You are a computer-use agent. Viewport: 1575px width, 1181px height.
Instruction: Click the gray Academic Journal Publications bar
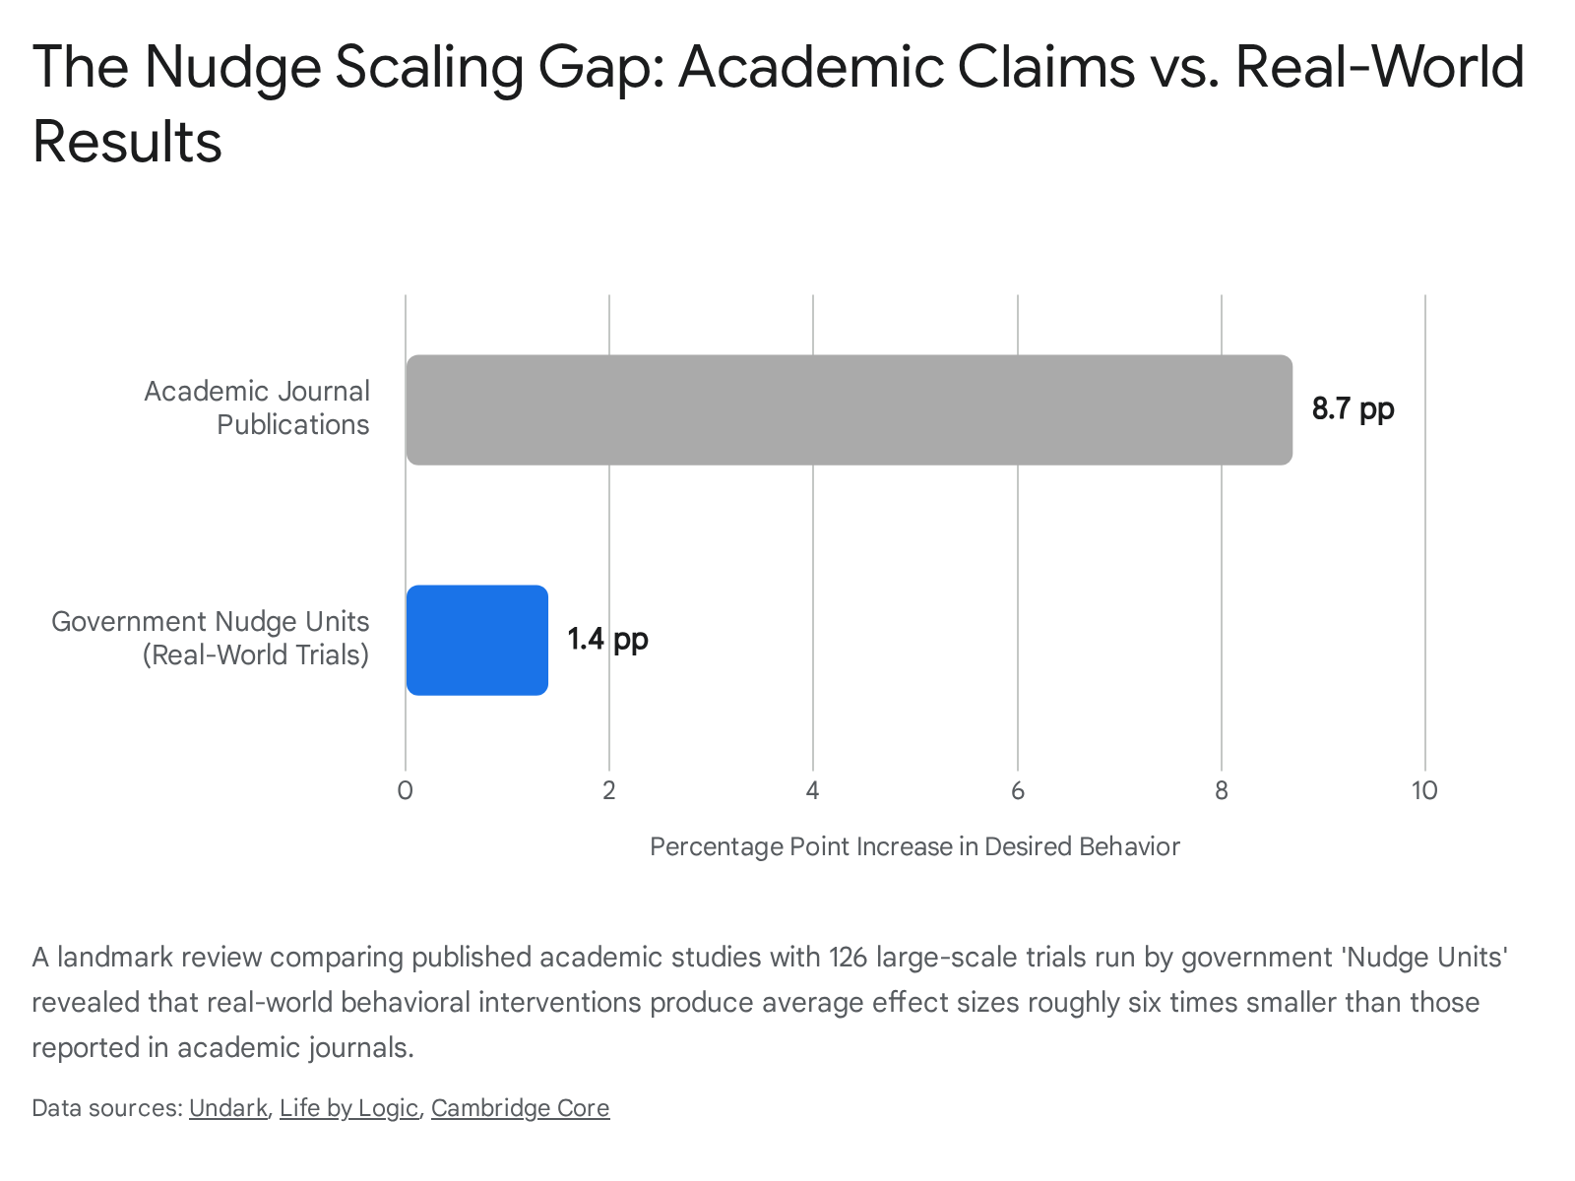tap(849, 409)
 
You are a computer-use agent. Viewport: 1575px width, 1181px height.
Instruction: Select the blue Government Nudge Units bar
tap(477, 640)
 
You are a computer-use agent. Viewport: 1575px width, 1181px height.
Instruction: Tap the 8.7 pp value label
tap(1353, 409)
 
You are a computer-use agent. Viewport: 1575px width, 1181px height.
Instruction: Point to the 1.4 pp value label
tap(607, 640)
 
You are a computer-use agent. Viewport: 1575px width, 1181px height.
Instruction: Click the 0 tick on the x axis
tap(406, 790)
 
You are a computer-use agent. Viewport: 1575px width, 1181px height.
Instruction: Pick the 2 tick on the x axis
tap(609, 790)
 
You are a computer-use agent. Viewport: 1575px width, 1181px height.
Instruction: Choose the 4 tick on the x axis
tap(813, 790)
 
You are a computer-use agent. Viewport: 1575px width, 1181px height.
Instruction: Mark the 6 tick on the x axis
tap(1018, 790)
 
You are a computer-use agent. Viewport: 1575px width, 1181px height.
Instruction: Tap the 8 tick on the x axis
tap(1222, 790)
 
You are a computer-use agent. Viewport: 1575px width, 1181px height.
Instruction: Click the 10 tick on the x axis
tap(1425, 790)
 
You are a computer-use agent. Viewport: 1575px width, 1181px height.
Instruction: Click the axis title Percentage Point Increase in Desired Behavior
tap(914, 846)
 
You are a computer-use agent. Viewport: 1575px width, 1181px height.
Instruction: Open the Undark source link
tap(228, 1108)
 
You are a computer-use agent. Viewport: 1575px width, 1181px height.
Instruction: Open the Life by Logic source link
tap(348, 1108)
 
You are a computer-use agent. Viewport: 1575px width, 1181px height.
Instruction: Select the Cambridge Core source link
tap(520, 1108)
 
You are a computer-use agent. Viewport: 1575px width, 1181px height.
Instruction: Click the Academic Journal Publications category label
tap(257, 408)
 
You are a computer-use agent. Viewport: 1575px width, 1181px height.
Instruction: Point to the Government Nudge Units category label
tap(211, 638)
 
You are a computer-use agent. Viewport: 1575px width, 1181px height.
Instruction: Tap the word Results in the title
tap(127, 142)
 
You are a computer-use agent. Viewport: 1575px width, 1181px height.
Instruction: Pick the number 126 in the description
tap(848, 958)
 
